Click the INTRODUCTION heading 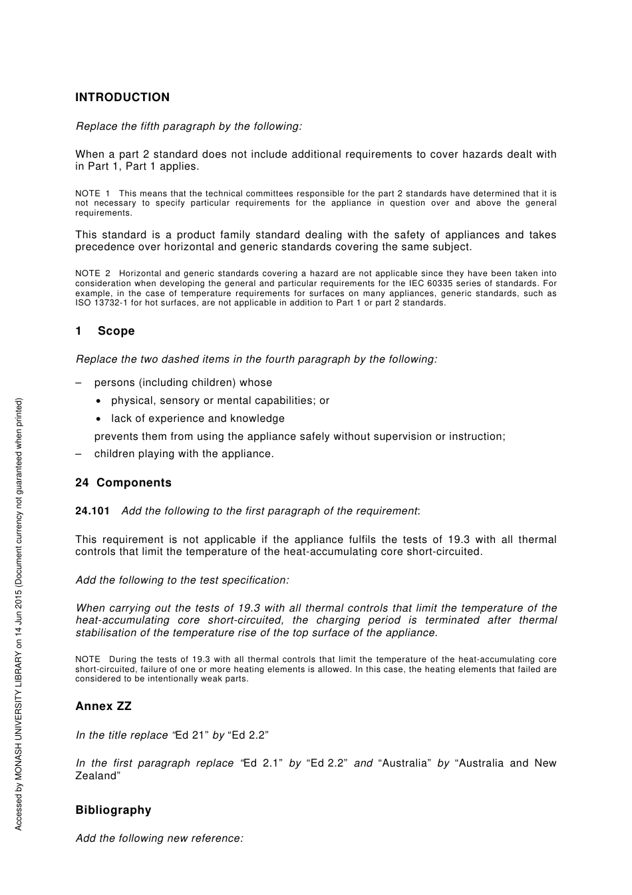point(122,97)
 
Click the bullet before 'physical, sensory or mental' point(98,401)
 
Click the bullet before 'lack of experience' point(98,419)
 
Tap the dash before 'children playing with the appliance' point(79,454)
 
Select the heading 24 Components point(123,482)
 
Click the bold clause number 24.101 point(92,511)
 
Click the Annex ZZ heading point(103,706)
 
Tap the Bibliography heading point(113,810)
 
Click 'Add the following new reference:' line point(160,838)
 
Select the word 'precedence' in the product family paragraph point(104,247)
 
